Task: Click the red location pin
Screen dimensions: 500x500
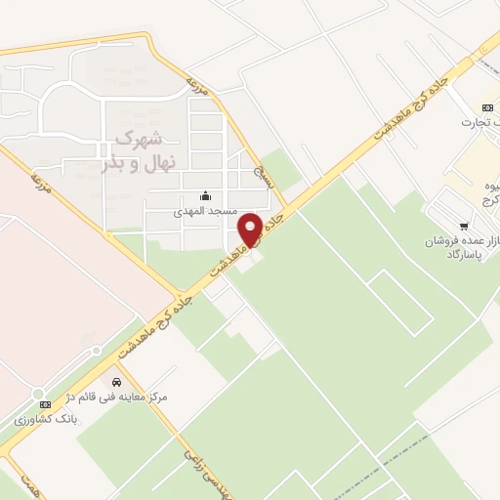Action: click(x=250, y=229)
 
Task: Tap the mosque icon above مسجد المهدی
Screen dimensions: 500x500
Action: click(x=203, y=195)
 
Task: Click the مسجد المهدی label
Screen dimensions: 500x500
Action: click(x=200, y=211)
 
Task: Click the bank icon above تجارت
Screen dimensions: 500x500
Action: click(x=487, y=107)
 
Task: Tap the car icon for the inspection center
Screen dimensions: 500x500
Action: click(x=116, y=382)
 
